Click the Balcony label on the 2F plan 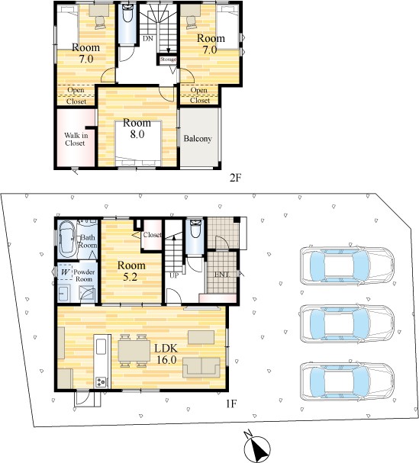198,139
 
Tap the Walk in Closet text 76,139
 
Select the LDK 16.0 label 166,354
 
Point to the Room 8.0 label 137,128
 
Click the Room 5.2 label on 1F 131,271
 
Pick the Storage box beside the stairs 168,59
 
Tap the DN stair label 148,38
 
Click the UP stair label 174,275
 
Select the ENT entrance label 221,275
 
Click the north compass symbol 256,446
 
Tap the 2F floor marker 236,178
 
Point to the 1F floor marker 231,404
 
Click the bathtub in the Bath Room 66,240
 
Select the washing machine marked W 66,272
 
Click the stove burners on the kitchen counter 101,382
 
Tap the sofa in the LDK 201,368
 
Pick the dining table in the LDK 134,351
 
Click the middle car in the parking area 347,323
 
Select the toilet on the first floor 195,229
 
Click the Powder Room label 84,275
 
